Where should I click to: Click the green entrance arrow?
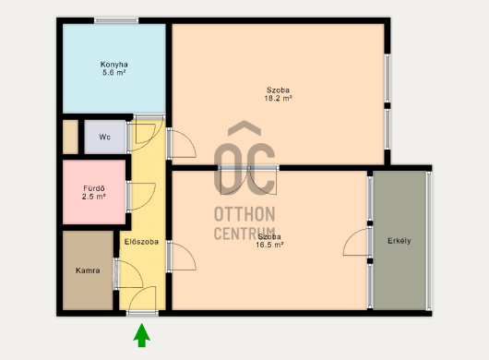(x=142, y=335)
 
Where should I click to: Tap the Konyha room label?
(x=114, y=65)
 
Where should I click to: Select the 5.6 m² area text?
(x=114, y=73)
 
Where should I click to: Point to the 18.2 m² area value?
(x=279, y=99)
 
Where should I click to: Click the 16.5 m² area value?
(x=269, y=245)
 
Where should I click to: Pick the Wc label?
(x=104, y=137)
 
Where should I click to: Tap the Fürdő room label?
(x=94, y=188)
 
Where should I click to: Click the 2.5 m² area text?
(x=94, y=197)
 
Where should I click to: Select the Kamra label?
(x=88, y=270)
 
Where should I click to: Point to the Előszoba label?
(x=141, y=242)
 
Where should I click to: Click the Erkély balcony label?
(x=400, y=241)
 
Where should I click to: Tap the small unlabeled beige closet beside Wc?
(x=70, y=137)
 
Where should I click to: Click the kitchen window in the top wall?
(x=116, y=20)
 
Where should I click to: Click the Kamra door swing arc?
(x=137, y=268)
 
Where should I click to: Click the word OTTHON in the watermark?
(x=244, y=214)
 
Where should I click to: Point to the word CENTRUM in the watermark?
(x=244, y=233)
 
